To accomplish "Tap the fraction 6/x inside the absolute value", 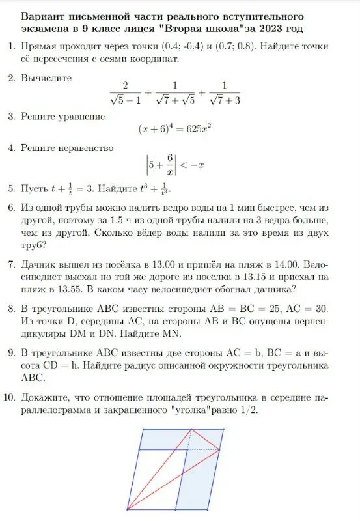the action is pos(169,165).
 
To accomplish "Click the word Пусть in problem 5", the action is pos(34,189).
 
